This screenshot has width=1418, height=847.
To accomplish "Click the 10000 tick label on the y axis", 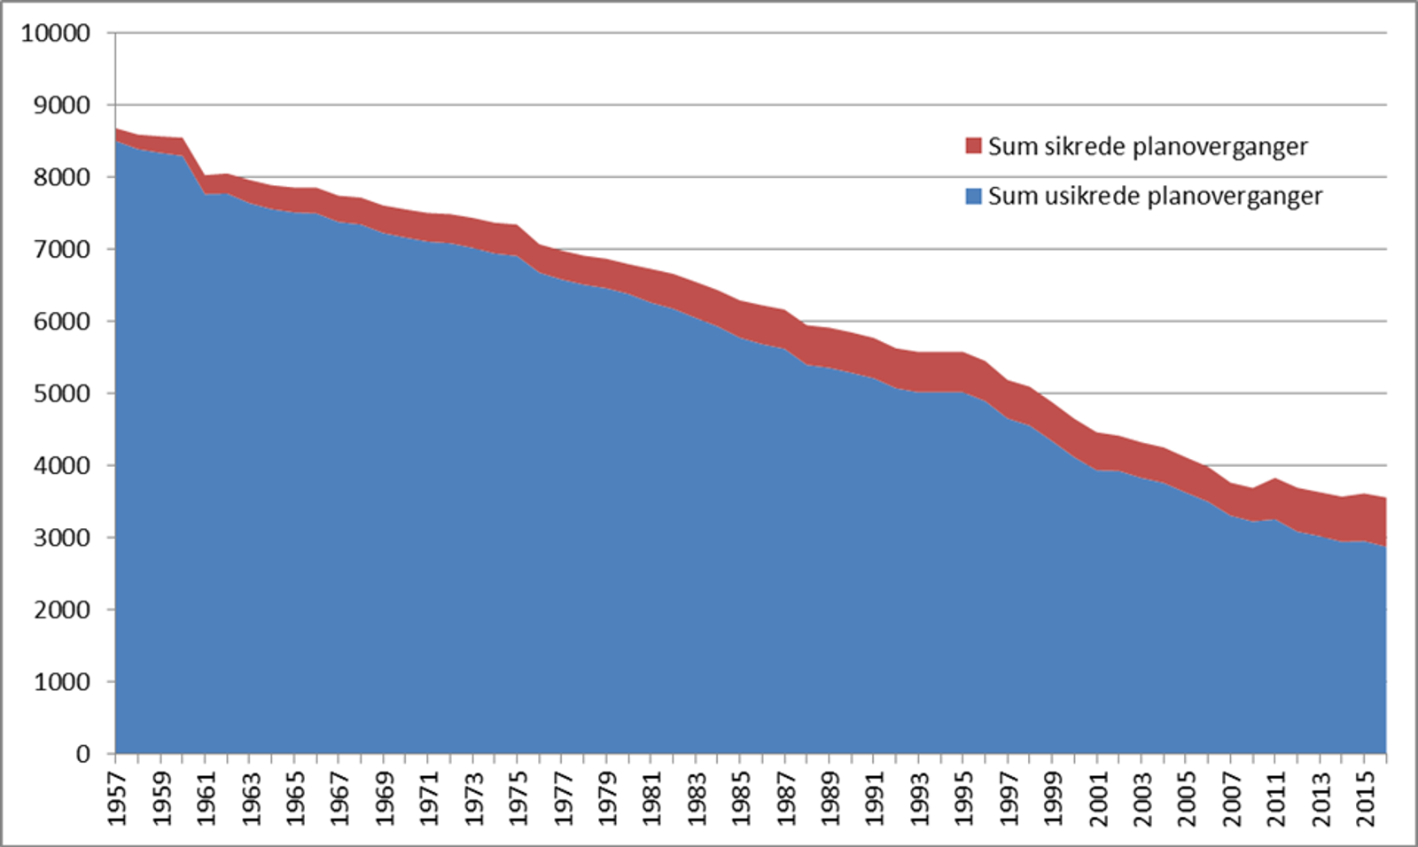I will [x=56, y=33].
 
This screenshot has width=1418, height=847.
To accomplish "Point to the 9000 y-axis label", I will [x=62, y=105].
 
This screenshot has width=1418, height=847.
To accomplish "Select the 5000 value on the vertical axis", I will [x=62, y=393].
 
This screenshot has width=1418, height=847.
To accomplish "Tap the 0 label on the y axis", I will [x=83, y=754].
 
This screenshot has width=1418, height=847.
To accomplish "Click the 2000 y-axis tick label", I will [x=62, y=610].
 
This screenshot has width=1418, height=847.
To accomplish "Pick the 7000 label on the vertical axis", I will [x=62, y=250].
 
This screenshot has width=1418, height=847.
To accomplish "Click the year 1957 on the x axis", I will [x=117, y=798].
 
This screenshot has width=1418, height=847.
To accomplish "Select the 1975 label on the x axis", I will [x=518, y=798].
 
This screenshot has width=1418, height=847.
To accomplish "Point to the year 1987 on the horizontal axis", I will [x=786, y=798].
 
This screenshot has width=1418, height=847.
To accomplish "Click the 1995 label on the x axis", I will [x=965, y=798].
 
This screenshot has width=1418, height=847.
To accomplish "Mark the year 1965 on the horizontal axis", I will [x=295, y=798].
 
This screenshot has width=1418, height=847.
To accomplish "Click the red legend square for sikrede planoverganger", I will [x=973, y=146].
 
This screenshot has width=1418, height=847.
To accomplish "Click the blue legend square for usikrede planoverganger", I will [x=973, y=196].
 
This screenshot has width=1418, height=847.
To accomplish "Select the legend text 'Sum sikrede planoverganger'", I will [x=1148, y=147].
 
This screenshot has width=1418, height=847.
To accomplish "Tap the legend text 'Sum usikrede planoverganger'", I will [x=1155, y=197].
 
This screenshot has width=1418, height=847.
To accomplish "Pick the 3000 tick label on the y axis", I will [x=62, y=538].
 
